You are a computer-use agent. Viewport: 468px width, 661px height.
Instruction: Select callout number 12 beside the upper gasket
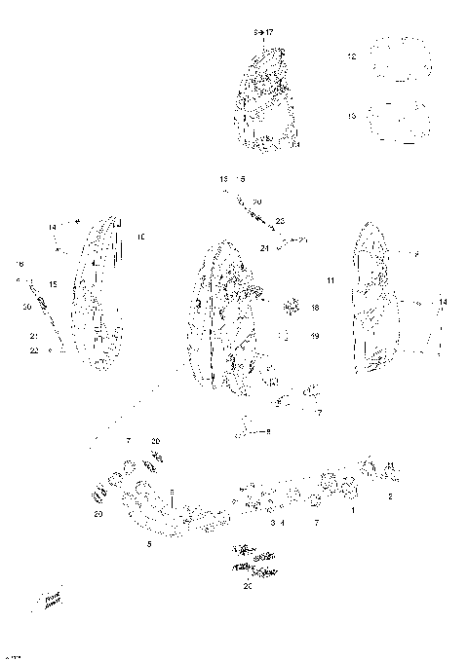352,57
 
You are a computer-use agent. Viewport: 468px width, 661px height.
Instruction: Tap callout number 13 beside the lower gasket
352,117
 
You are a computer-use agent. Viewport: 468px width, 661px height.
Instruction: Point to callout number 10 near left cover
140,237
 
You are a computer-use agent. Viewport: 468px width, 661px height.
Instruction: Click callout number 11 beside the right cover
331,281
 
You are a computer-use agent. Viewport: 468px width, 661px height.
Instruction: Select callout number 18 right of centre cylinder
315,308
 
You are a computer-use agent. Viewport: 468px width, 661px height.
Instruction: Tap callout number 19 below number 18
315,336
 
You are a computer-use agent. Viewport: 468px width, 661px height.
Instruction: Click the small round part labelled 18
289,308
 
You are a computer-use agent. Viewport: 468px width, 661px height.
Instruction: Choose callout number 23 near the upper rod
279,221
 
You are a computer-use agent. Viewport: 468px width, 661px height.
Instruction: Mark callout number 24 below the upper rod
265,247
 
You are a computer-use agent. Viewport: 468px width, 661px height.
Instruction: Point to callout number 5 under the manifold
149,542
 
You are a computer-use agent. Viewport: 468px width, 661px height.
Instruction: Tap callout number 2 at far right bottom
391,496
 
